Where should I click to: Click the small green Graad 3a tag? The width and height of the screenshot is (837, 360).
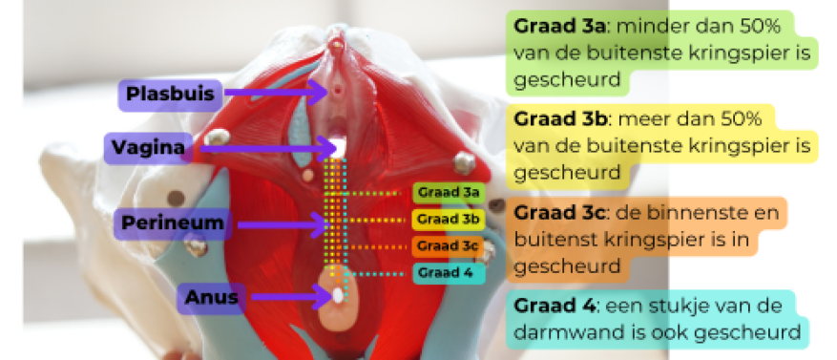(447, 193)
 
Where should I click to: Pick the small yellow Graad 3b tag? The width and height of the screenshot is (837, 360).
(447, 220)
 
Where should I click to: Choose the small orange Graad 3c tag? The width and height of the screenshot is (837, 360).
(447, 246)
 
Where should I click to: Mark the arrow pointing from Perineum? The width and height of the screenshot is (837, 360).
(282, 225)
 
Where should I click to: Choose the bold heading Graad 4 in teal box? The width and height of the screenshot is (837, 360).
(552, 305)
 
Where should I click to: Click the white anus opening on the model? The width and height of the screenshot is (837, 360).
(338, 296)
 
